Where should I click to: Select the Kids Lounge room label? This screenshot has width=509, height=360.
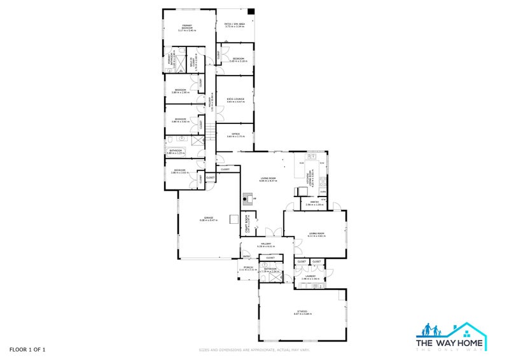(x=235, y=100)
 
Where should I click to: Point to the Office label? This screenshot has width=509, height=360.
(x=235, y=135)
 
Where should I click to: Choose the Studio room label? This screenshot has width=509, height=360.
(x=302, y=312)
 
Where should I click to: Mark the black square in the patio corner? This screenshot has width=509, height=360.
(x=251, y=11)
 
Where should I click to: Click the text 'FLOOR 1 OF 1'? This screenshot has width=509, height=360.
(x=27, y=349)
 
